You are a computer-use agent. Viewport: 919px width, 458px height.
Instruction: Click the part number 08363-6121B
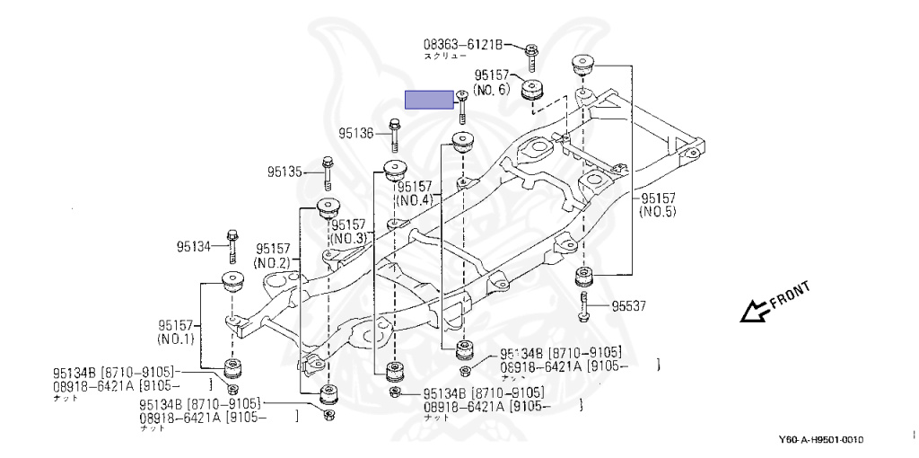tap(462, 43)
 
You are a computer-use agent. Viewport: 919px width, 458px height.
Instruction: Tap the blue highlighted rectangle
tap(430, 100)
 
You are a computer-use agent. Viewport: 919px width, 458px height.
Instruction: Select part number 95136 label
tap(355, 134)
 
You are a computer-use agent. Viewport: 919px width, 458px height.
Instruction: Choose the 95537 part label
tap(629, 306)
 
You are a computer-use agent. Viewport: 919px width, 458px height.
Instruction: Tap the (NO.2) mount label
tap(270, 262)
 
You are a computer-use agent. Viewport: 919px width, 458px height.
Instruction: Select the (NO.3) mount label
tap(348, 239)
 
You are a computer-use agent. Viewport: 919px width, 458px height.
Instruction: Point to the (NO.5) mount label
tap(657, 212)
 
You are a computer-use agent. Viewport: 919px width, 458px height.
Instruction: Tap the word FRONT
tap(791, 293)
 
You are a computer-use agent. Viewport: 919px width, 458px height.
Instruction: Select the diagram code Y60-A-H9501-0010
tap(821, 440)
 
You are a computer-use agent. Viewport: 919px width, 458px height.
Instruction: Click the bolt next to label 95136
tap(394, 134)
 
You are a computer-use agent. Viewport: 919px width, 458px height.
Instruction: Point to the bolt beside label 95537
tap(583, 304)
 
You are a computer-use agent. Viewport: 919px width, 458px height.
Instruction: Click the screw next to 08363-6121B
tap(530, 55)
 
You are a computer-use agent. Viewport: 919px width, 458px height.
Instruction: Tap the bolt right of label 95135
tap(328, 171)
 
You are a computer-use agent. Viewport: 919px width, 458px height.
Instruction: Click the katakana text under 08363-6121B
tap(445, 56)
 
